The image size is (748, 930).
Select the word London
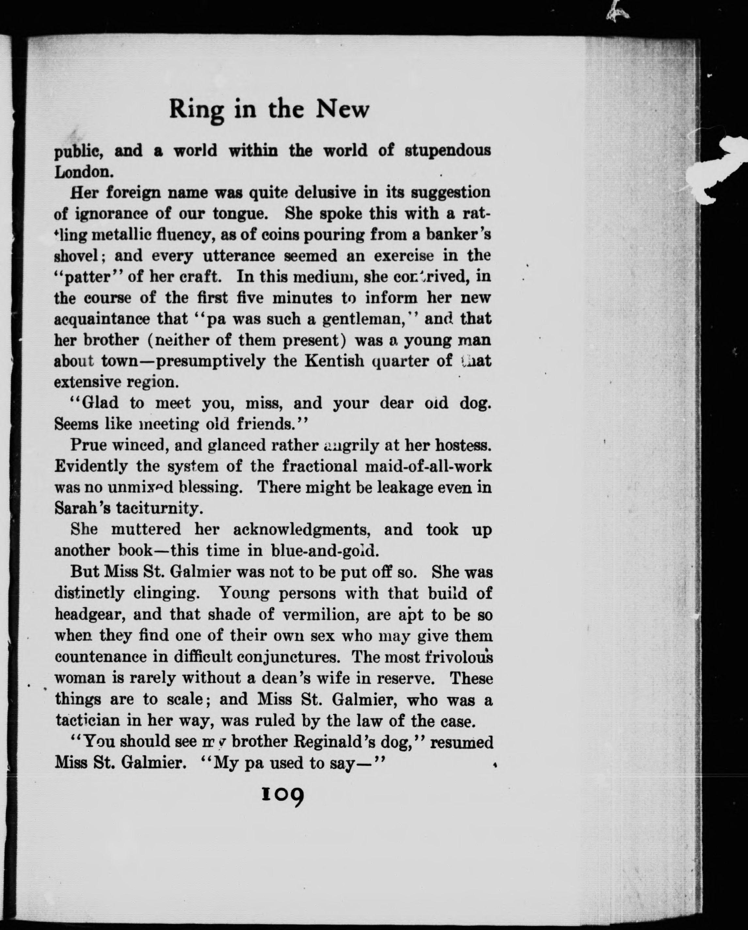[x=84, y=172]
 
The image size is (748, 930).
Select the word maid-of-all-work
[x=428, y=466]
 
